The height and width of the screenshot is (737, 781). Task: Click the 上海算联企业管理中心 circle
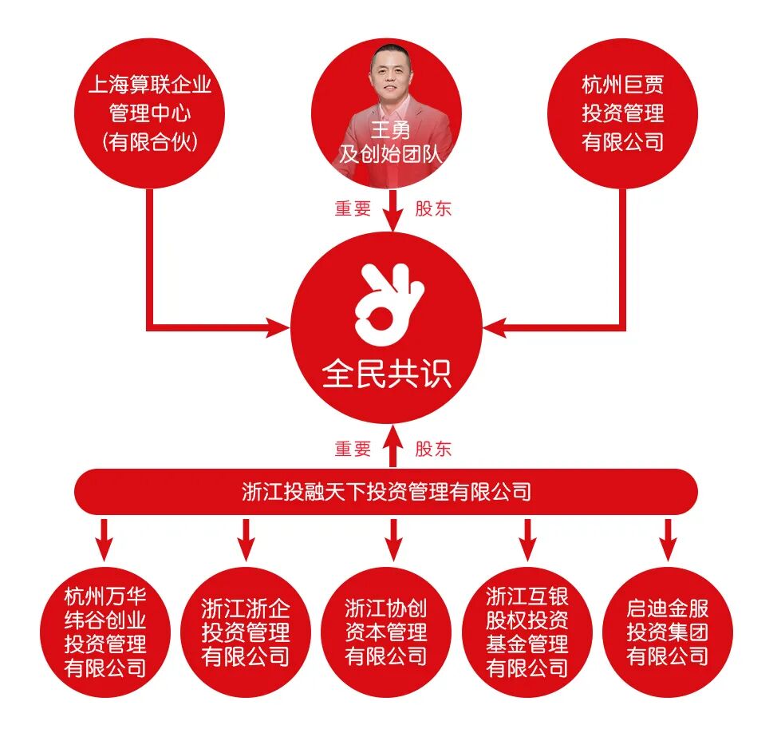150,113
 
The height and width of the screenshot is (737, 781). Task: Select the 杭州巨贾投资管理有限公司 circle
623,113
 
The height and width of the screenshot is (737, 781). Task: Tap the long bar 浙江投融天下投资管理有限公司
386,491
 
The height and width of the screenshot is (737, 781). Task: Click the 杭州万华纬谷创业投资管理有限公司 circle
105,632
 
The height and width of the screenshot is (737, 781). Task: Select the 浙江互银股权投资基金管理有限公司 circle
527,632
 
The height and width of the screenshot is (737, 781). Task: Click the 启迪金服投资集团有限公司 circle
668,632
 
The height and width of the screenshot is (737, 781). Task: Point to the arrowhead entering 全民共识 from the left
278,327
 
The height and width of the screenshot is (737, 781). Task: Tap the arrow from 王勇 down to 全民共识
392,212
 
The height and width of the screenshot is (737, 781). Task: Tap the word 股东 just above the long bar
433,449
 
